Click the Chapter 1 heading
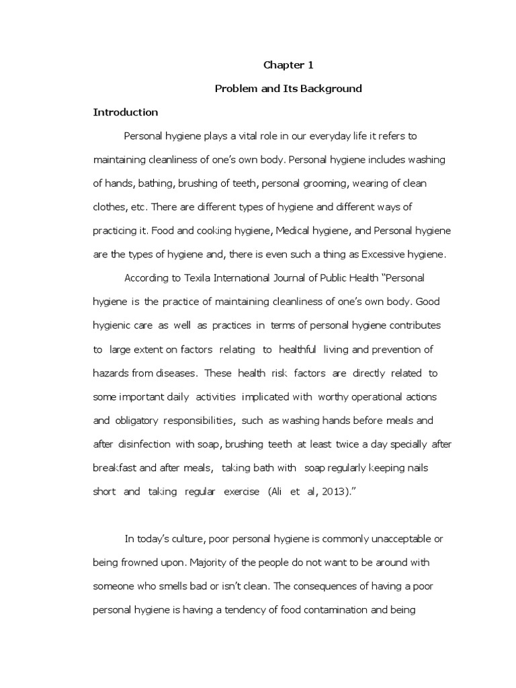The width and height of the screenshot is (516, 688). tap(288, 65)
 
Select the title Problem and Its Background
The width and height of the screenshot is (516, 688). tap(288, 89)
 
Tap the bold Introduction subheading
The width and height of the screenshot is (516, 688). tap(125, 112)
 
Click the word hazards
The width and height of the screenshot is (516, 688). tap(110, 373)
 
